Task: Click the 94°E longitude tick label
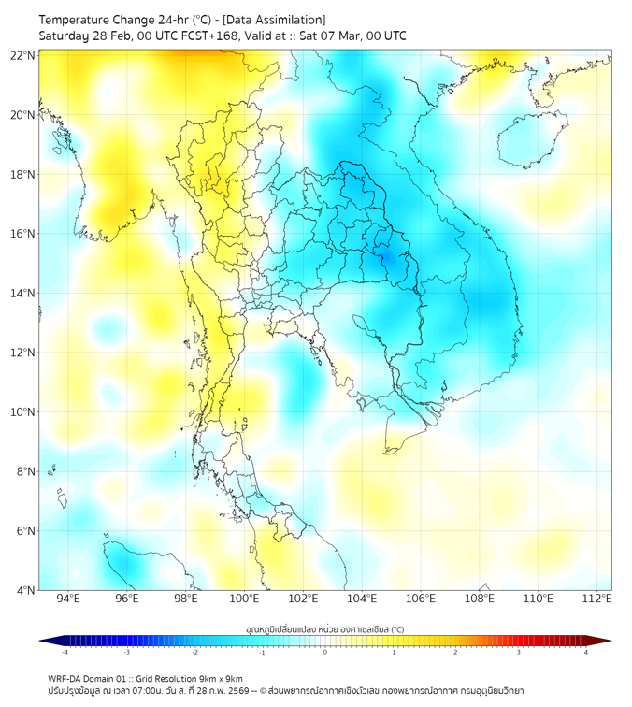68,599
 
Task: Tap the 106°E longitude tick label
421,599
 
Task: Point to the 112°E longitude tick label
596,599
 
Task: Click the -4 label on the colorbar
64,652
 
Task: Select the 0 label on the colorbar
325,652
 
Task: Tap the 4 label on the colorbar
586,652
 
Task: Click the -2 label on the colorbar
194,652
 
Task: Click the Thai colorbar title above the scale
324,628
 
